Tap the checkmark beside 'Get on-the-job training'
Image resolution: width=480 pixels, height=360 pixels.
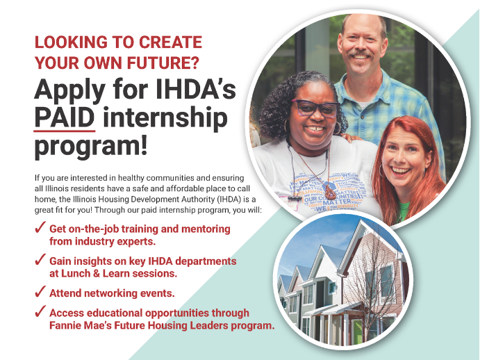point(40,229)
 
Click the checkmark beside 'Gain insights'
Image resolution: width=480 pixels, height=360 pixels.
point(40,261)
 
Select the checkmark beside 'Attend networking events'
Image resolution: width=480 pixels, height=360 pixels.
point(40,292)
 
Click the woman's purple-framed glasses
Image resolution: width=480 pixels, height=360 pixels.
point(315,108)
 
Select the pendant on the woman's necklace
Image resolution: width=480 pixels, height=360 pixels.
point(330,194)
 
